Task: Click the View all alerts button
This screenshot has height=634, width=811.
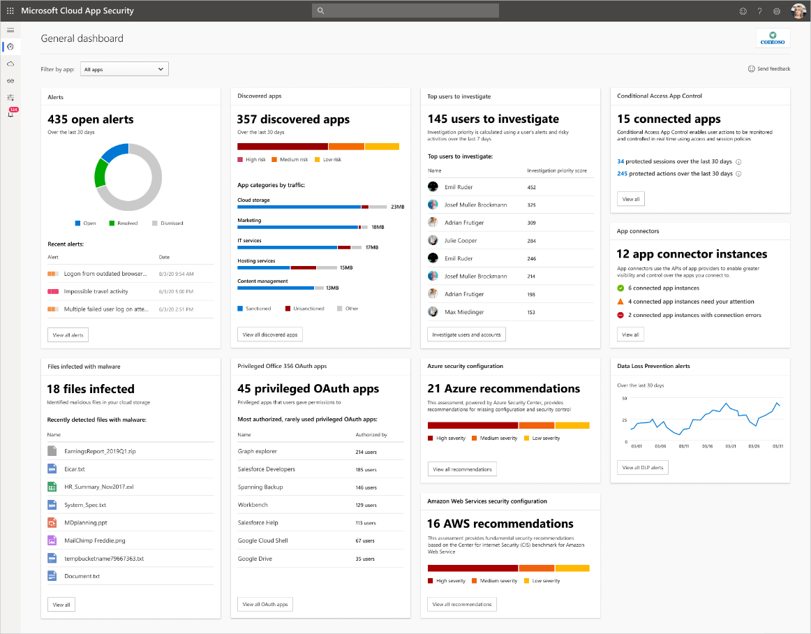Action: tap(68, 335)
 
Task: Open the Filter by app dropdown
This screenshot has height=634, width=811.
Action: tap(124, 69)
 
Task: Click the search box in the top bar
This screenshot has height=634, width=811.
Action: tap(405, 10)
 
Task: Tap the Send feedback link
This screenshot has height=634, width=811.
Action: tap(769, 69)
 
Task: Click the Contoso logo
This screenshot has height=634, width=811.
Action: tap(773, 38)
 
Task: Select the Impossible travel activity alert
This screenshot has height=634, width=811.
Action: tap(96, 291)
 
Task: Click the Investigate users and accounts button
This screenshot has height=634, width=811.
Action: tap(466, 334)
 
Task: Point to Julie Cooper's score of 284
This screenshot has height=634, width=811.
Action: tap(532, 241)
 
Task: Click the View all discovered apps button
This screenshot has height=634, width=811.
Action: tap(270, 334)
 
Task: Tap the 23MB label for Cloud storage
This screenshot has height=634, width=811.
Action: tap(398, 207)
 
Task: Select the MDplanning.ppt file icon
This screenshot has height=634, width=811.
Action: tap(52, 522)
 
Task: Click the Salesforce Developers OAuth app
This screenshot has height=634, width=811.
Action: tap(266, 469)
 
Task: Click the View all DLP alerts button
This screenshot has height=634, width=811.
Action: tap(642, 467)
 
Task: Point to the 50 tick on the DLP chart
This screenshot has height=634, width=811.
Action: tap(624, 398)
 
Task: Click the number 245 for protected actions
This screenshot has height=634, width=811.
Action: tap(622, 173)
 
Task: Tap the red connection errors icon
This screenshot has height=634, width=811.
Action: tap(620, 315)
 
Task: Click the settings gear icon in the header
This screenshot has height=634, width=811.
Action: tap(776, 11)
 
